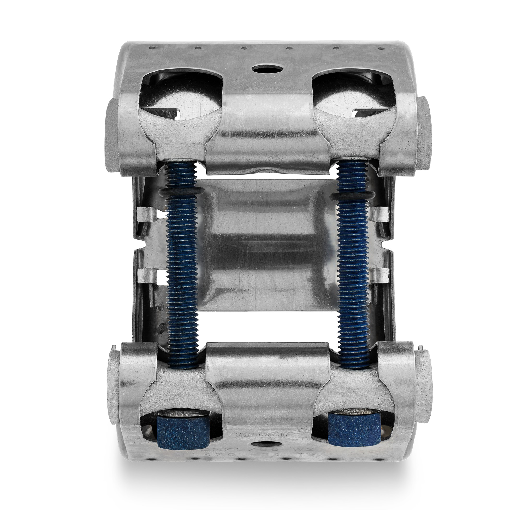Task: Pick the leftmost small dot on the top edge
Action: coord(149,47)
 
